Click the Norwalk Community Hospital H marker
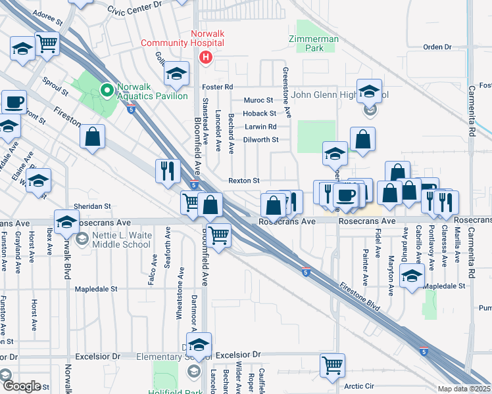tap(207, 58)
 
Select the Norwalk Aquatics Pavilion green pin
tap(105, 89)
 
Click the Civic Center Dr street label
tap(134, 8)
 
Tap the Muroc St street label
tap(258, 100)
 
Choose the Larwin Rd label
tap(259, 126)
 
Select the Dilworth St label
tap(261, 139)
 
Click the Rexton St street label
tap(244, 181)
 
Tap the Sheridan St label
tap(92, 206)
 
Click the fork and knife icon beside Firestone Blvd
tap(168, 170)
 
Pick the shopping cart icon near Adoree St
tap(47, 45)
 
